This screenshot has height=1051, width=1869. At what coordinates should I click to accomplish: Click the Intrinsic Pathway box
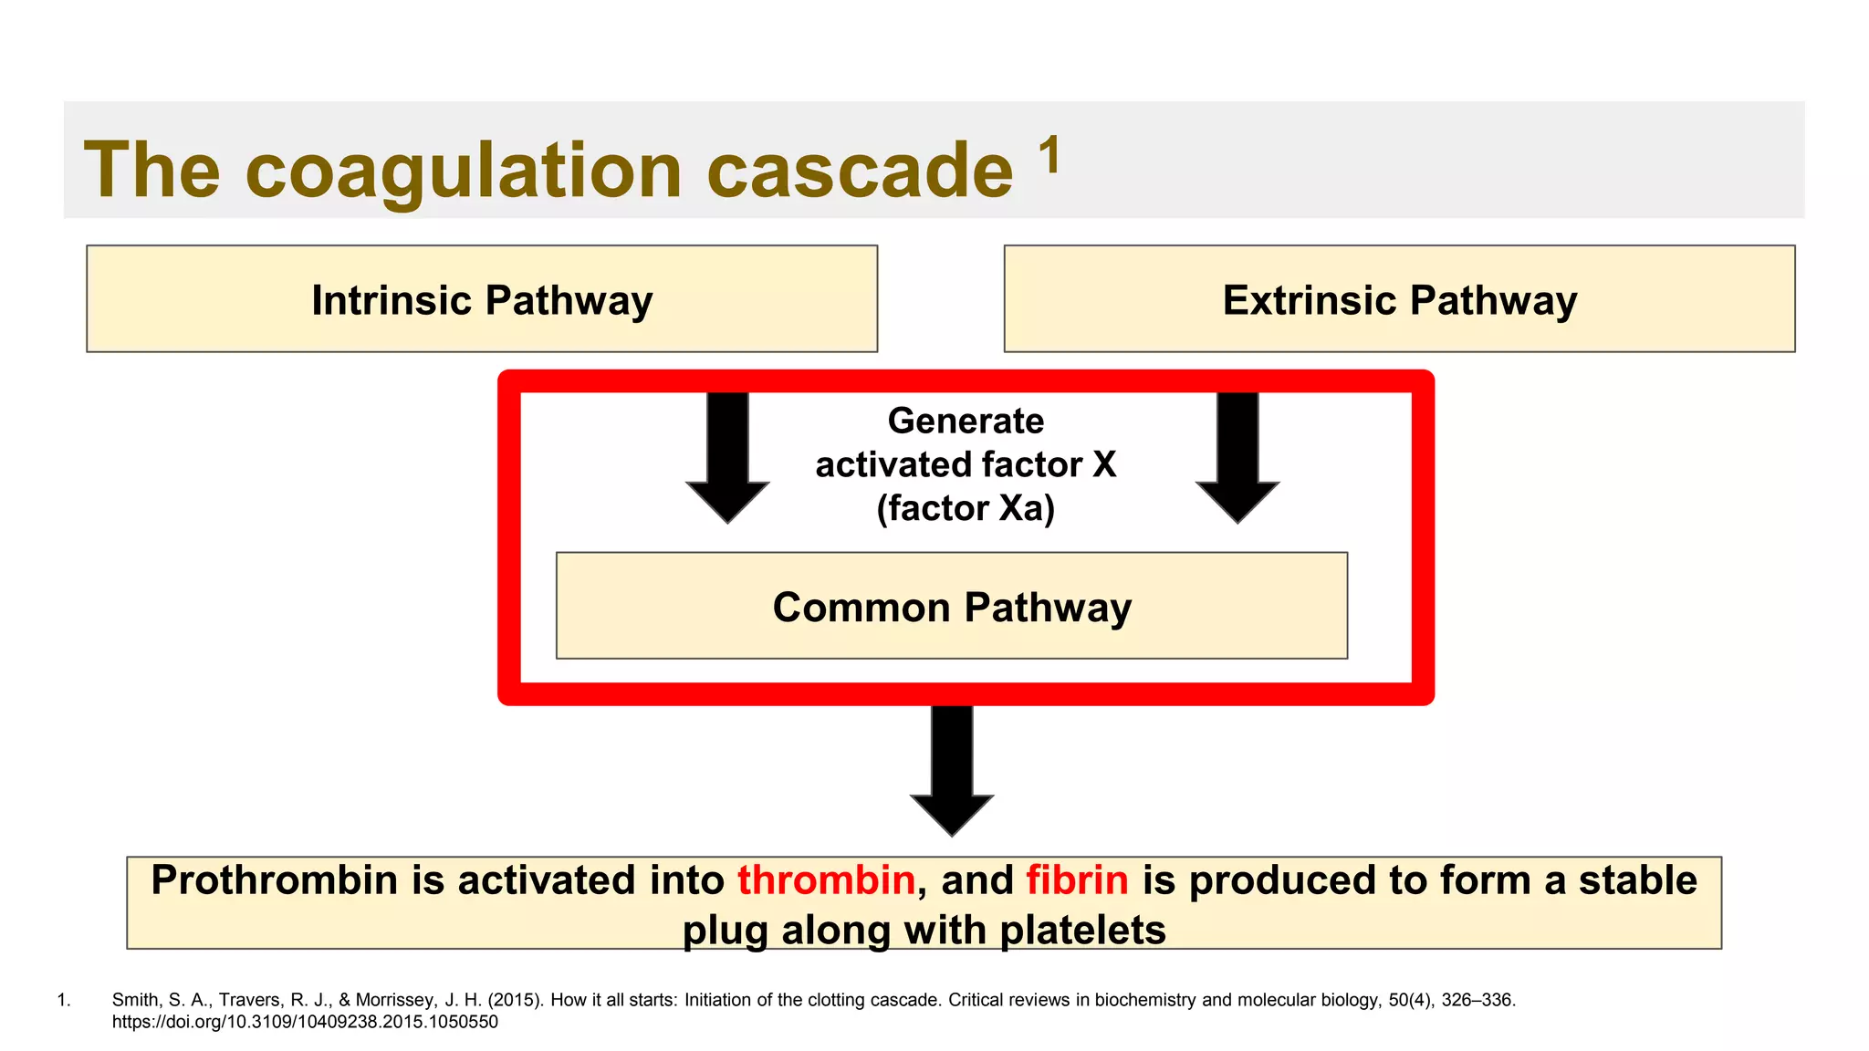482,299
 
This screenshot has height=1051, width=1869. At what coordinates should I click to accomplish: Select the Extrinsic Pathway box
1399,299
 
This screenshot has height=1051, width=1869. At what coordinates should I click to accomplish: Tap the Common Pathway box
952,607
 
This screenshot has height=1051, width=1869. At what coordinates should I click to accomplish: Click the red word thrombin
826,880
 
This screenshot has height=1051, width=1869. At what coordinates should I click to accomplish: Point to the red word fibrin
1077,880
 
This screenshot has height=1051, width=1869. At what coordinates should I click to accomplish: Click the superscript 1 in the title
1050,154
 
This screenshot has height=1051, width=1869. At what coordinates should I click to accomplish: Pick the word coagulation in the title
464,172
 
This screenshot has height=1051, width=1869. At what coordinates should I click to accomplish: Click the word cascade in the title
860,172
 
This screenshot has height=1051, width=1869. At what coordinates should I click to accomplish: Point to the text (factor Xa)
966,508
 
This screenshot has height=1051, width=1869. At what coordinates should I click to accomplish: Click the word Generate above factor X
966,421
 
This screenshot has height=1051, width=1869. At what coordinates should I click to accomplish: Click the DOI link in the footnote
305,1022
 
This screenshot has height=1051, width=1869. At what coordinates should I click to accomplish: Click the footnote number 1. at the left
64,1000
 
